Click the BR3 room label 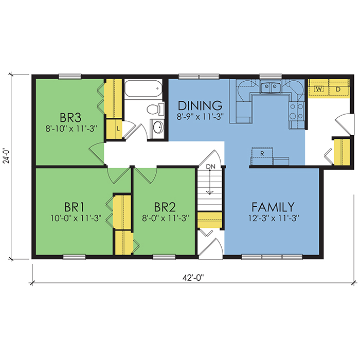click(70, 117)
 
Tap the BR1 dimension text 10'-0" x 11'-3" click(76, 218)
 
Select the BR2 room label click(165, 207)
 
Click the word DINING click(200, 105)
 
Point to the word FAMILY click(273, 207)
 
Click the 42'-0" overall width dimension click(193, 278)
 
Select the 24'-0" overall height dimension click(7, 155)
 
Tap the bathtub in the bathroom click(143, 88)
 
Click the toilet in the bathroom click(155, 109)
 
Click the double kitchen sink click(271, 87)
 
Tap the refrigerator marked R click(262, 156)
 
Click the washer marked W click(319, 89)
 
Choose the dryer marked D click(338, 89)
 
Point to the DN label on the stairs click(210, 167)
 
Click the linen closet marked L click(114, 129)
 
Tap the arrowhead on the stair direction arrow click(209, 192)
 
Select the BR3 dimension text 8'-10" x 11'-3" click(71, 129)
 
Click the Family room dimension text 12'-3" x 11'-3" click(274, 218)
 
